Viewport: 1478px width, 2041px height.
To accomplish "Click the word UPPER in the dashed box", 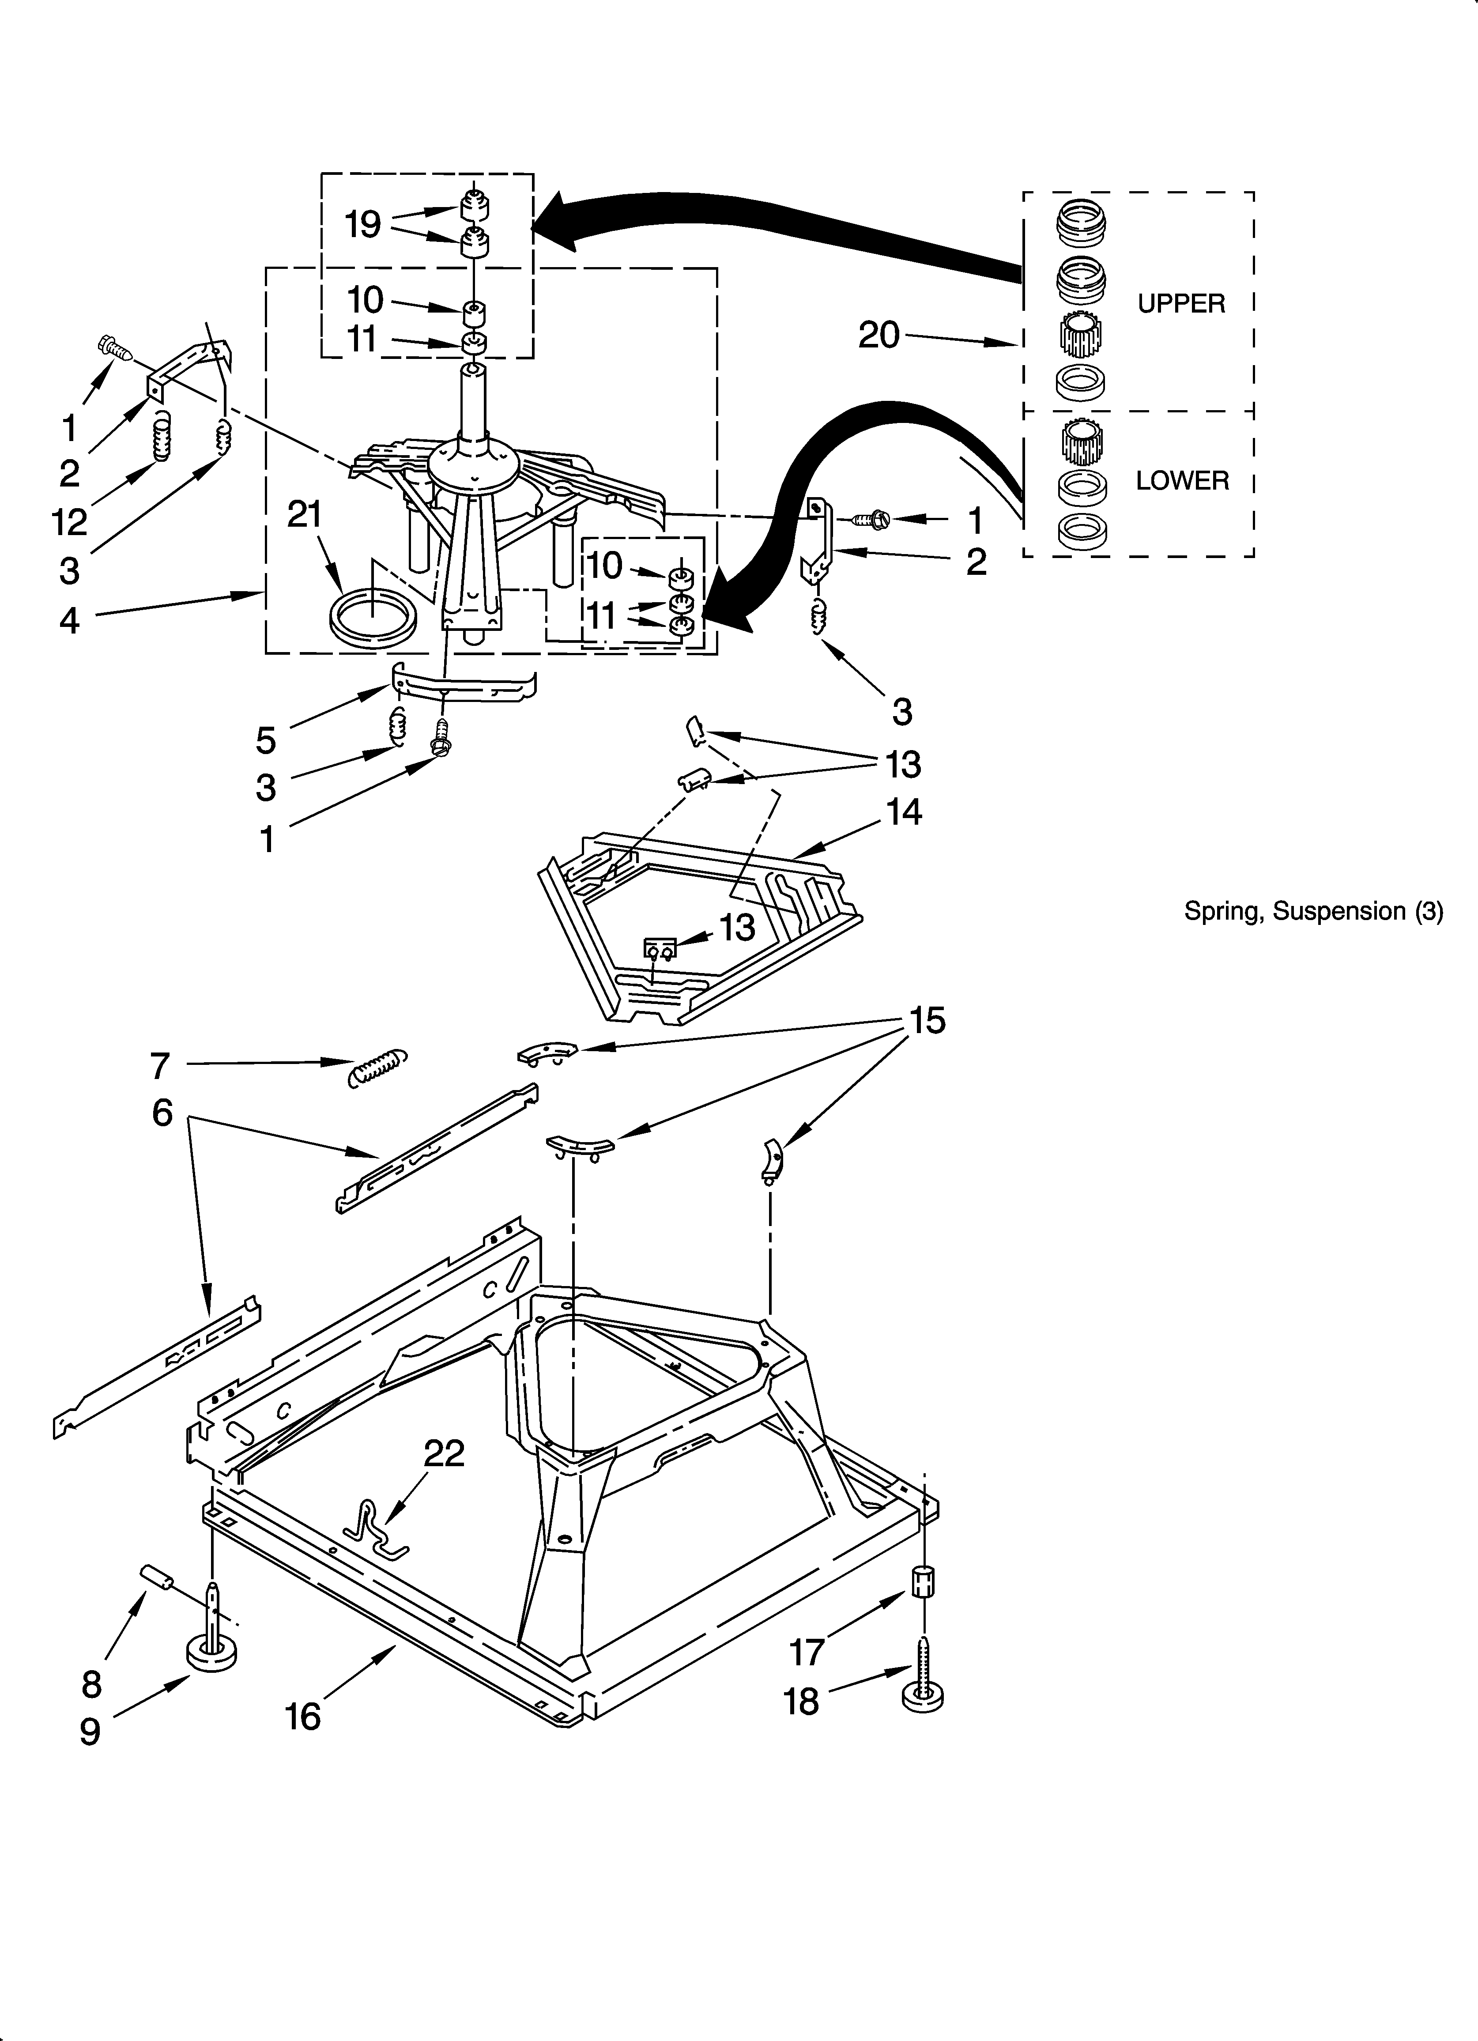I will click(x=1181, y=304).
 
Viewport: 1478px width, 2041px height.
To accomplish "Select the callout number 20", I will click(x=879, y=336).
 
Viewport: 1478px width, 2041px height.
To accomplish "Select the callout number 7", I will click(x=159, y=1065).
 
